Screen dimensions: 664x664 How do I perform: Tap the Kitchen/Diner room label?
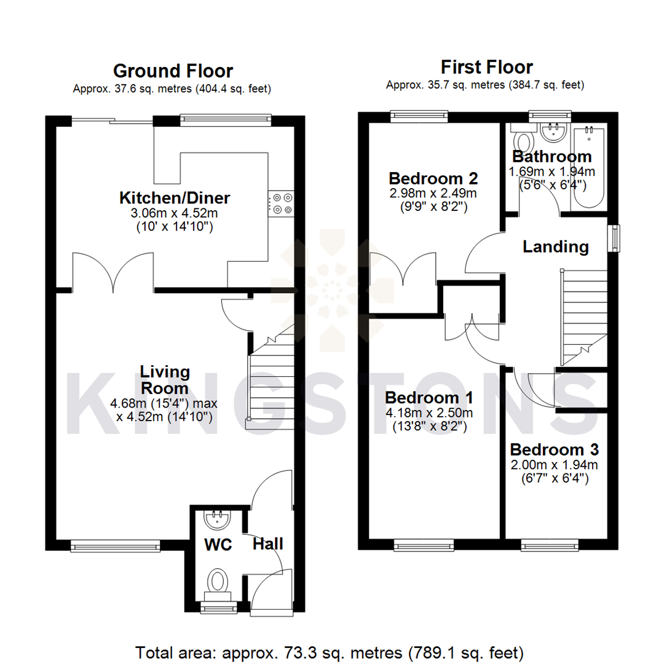coord(174,198)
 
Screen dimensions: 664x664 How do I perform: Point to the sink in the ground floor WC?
coord(217,520)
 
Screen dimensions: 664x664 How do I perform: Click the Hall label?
coord(268,543)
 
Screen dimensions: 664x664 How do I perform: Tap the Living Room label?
coord(164,380)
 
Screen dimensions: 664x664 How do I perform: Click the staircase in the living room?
coord(269,381)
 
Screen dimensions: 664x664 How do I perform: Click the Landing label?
coord(555,247)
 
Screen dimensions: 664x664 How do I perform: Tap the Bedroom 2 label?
coord(433,178)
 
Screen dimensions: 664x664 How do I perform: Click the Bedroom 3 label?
coord(554,449)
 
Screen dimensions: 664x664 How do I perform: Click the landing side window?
coord(614,238)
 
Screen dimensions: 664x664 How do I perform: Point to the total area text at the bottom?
coord(330,651)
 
